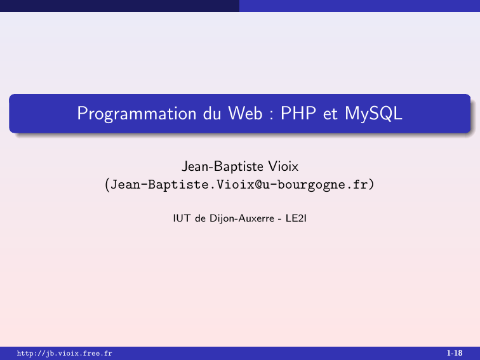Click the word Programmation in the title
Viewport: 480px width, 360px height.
[x=137, y=114]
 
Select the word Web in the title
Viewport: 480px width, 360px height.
[x=245, y=113]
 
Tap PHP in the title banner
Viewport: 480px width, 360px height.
[x=298, y=113]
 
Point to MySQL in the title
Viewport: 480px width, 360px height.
[x=373, y=114]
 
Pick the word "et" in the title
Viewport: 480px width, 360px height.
[x=330, y=114]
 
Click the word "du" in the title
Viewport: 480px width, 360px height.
[x=212, y=113]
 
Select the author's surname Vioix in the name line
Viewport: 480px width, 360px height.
[x=283, y=166]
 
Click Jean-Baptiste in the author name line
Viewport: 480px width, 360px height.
[x=223, y=167]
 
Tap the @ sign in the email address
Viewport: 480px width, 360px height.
[x=258, y=185]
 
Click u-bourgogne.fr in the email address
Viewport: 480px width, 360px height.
[x=315, y=185]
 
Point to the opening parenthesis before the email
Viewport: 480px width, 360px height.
[x=107, y=185]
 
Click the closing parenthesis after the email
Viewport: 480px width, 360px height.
[x=371, y=185]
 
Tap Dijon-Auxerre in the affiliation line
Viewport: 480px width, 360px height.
[x=242, y=218]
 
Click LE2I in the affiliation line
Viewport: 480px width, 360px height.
[x=296, y=218]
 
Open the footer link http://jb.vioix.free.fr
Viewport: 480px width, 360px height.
[x=65, y=353]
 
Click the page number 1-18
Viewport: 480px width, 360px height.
[x=455, y=353]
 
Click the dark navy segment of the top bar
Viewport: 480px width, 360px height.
[x=120, y=6]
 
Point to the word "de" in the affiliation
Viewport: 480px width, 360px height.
[x=200, y=218]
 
